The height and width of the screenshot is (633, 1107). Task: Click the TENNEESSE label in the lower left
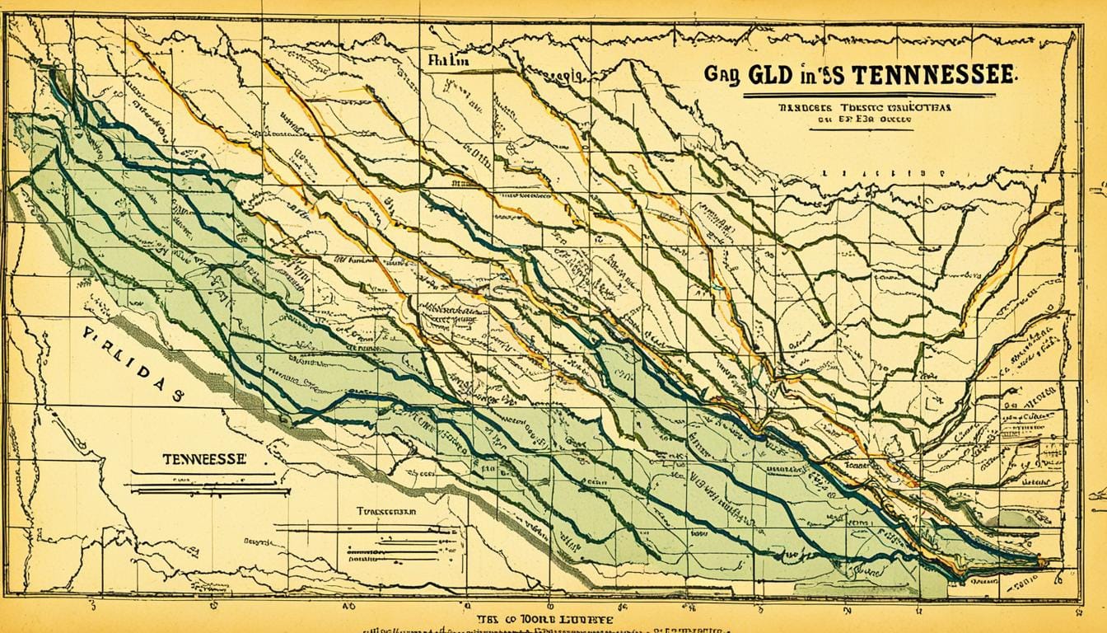(203, 460)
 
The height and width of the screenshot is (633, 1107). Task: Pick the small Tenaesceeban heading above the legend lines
(386, 511)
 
